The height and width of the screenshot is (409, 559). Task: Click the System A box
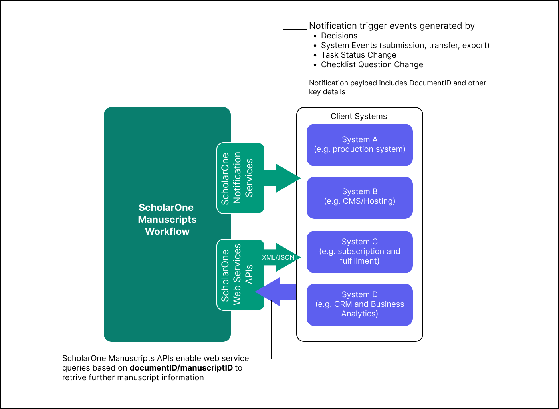click(359, 145)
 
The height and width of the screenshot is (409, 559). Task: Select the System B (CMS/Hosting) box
click(359, 197)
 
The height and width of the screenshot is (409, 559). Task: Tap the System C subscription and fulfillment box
click(359, 252)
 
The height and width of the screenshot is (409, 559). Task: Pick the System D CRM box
click(359, 304)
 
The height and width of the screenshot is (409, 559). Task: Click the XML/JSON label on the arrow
click(278, 258)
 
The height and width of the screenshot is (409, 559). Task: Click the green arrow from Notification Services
click(284, 178)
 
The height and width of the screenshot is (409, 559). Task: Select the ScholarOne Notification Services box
click(240, 178)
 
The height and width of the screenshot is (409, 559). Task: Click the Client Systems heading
click(359, 116)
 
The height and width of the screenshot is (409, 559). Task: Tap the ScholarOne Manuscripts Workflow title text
click(167, 219)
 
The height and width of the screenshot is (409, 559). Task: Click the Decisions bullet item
click(339, 36)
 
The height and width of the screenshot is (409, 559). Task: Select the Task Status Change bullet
click(359, 55)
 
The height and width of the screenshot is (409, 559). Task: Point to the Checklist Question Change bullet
click(372, 64)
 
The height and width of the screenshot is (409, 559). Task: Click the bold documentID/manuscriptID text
click(181, 368)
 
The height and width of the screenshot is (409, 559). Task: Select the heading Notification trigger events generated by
click(392, 26)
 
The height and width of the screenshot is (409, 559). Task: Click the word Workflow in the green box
click(167, 232)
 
